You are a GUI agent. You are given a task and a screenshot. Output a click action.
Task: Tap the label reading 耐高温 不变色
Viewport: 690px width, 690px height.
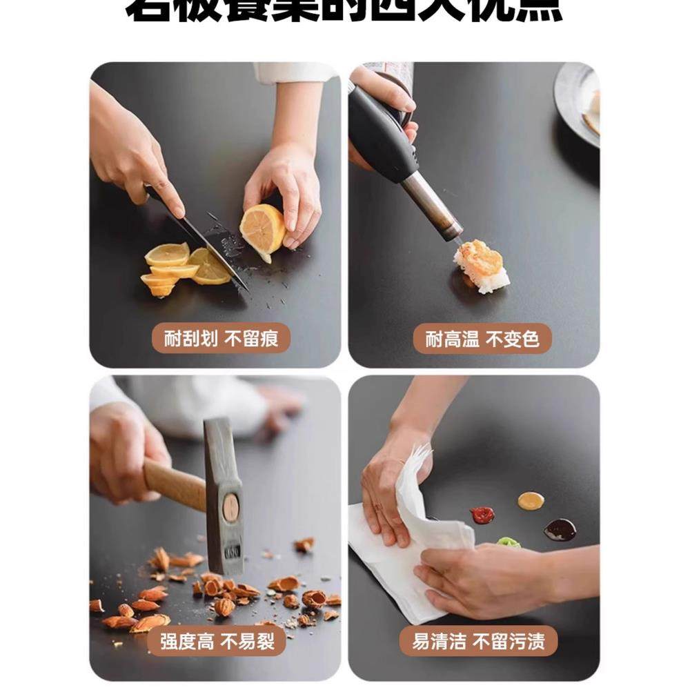click(x=482, y=339)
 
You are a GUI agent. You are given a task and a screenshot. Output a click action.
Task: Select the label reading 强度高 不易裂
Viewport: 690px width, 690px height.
click(x=216, y=641)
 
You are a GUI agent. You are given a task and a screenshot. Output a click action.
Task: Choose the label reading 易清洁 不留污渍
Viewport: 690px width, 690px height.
click(x=478, y=641)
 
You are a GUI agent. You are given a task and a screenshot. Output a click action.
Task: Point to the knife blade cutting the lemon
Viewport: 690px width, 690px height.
click(x=207, y=245)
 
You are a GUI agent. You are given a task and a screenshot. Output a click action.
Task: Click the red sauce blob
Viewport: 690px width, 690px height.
click(x=482, y=515)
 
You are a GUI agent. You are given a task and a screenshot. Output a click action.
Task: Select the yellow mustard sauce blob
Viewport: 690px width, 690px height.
click(x=531, y=501)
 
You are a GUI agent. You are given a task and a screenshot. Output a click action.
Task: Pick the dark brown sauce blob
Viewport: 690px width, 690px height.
click(x=560, y=530)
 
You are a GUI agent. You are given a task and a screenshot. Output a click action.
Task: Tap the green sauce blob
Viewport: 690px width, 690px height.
click(x=509, y=542)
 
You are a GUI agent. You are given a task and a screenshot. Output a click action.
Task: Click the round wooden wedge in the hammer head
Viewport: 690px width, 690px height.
click(x=230, y=508)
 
